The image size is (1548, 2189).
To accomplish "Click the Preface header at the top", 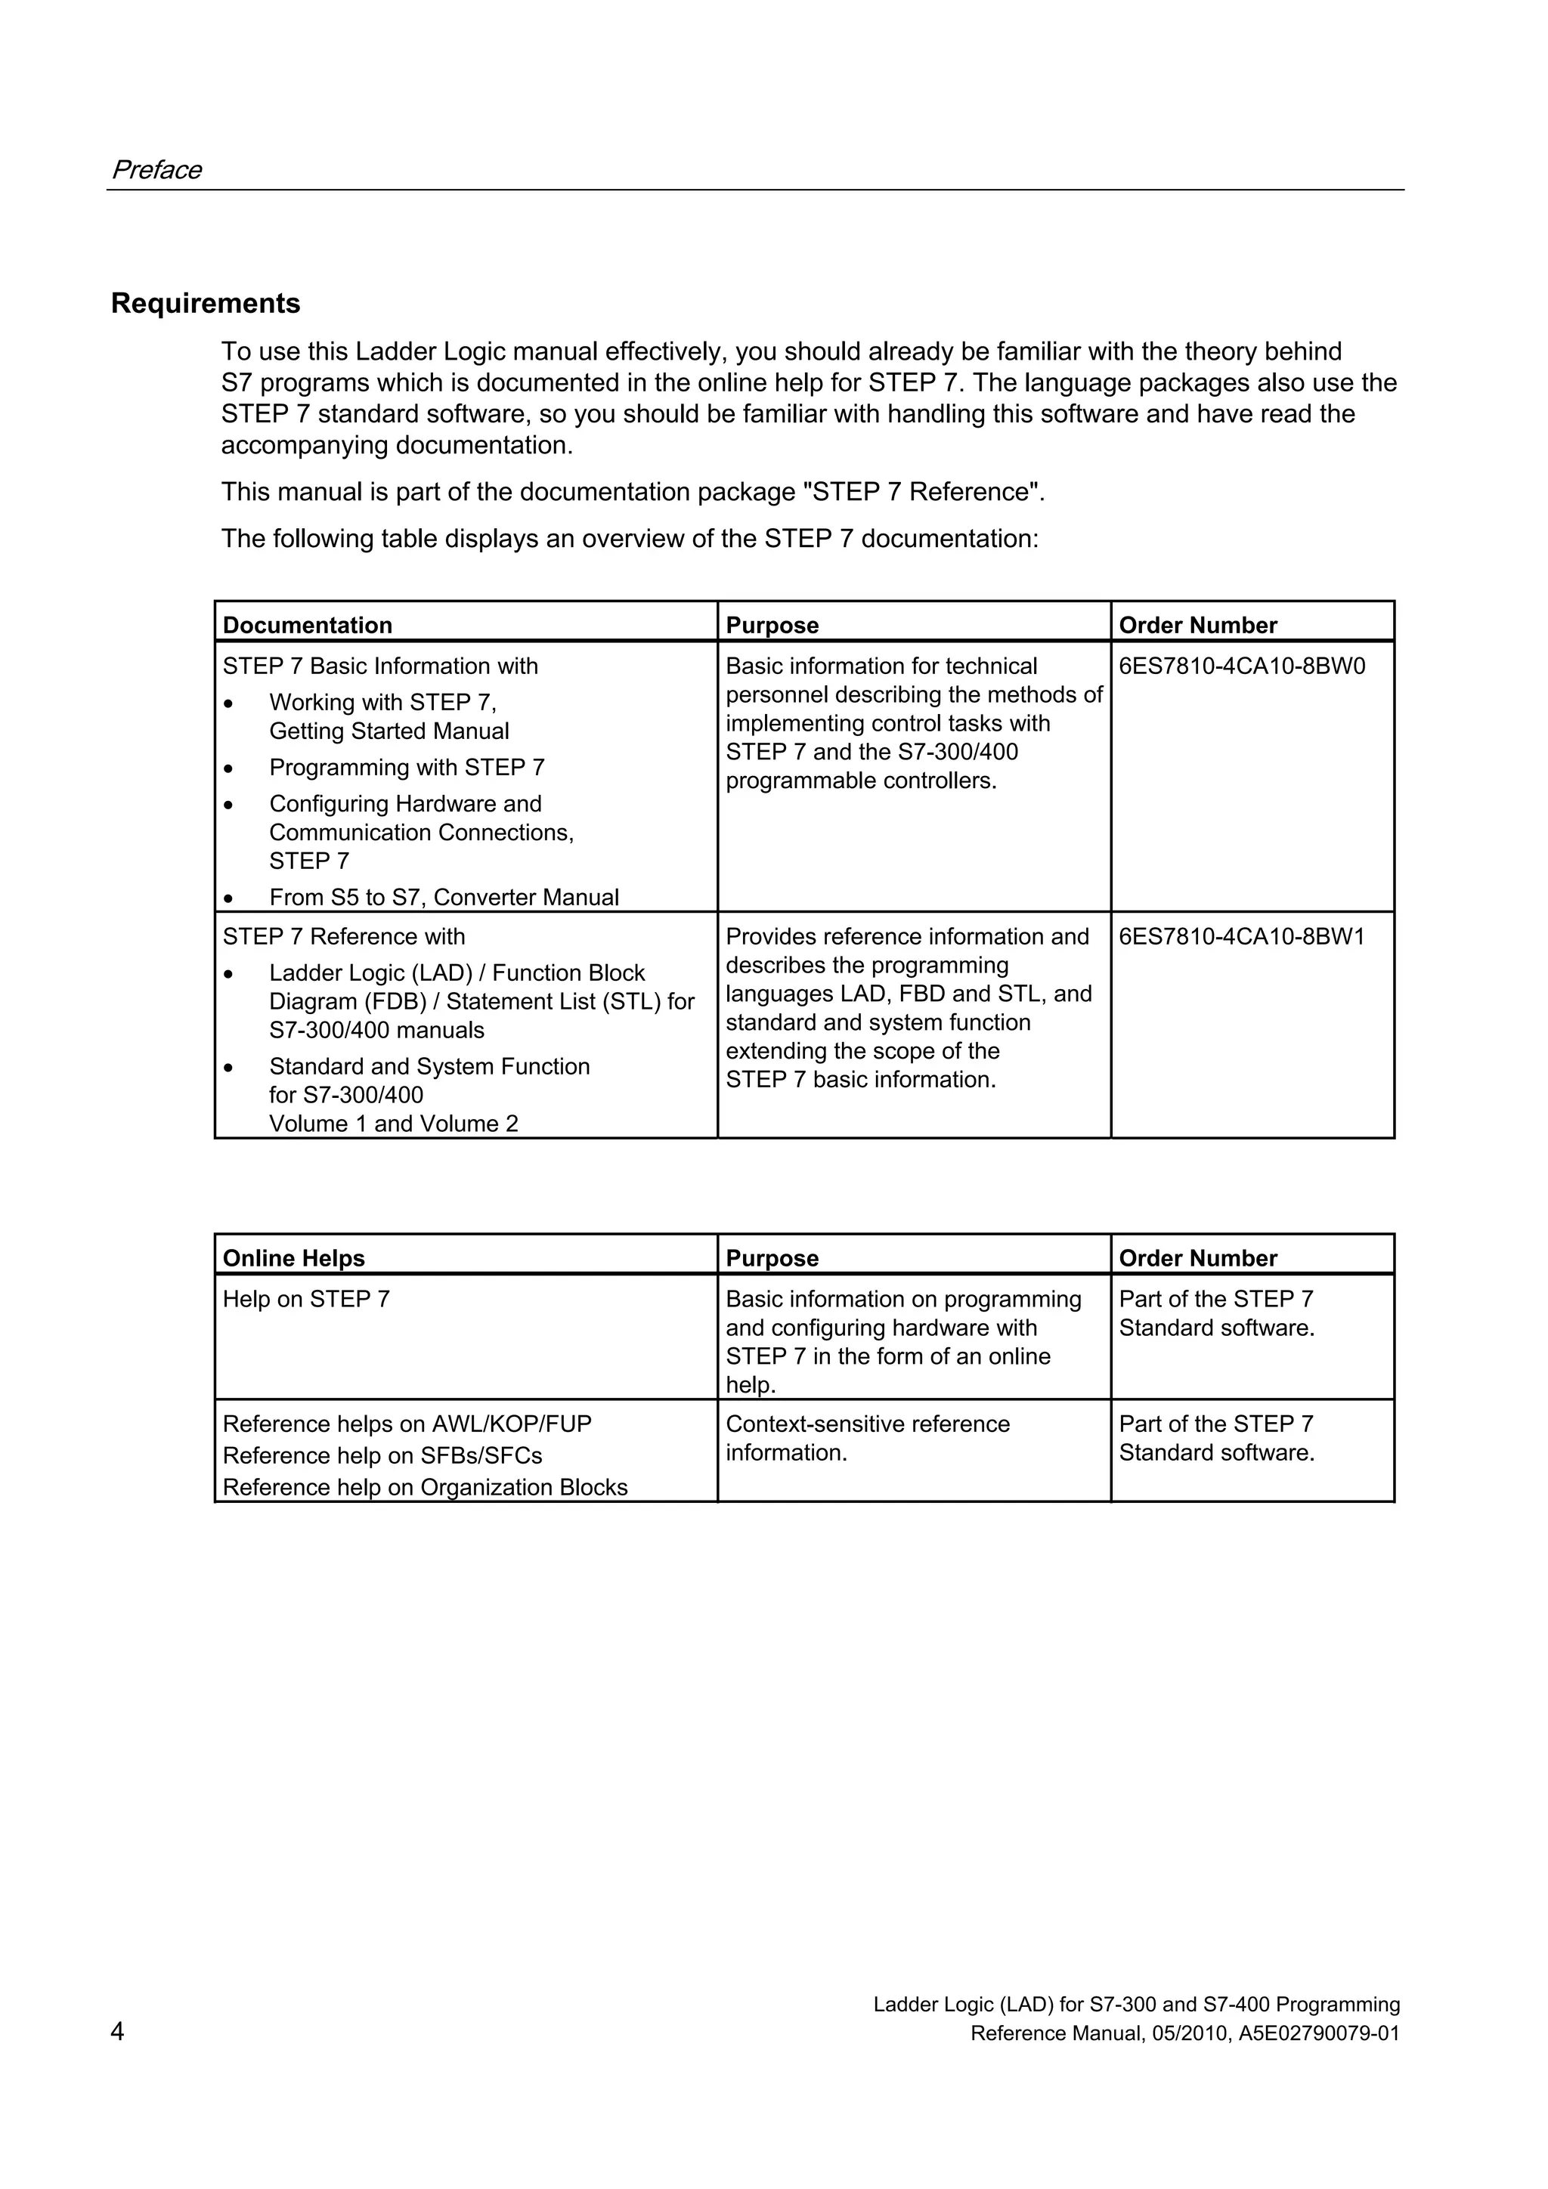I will click(156, 170).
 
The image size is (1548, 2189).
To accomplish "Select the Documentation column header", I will click(307, 626).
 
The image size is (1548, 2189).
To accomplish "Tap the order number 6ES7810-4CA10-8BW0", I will click(1242, 666).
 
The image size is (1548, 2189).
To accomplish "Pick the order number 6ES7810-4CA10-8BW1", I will click(1242, 937).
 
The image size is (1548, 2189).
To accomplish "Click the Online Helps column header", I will click(294, 1259).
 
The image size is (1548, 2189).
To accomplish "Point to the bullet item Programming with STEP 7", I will click(407, 768).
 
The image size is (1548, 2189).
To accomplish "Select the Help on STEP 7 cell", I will click(306, 1300).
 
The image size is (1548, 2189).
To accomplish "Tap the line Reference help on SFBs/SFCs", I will click(382, 1456).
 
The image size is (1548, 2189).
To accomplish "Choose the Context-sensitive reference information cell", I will click(867, 1438).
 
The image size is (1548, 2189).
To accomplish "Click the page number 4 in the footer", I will click(117, 2032).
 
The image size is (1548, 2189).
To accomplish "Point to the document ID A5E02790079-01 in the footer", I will click(1319, 2033).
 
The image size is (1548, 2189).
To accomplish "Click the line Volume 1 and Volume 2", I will click(393, 1124).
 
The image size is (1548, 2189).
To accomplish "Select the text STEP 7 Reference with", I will click(343, 937).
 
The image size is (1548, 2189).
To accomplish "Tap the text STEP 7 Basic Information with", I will click(379, 666).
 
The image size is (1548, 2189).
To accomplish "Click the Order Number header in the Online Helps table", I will click(1197, 1259).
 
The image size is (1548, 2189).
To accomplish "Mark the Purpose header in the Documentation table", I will click(772, 626).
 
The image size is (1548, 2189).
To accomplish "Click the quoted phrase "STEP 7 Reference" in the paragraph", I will click(922, 492).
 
